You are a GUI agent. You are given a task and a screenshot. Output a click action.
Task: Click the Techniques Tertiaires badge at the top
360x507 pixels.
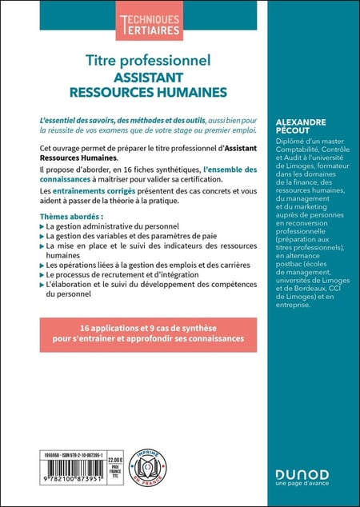[x=149, y=26]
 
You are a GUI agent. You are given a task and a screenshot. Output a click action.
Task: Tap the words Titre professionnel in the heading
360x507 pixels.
[x=149, y=59]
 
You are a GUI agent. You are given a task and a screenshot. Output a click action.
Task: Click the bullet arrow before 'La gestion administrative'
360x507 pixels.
[x=42, y=230]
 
